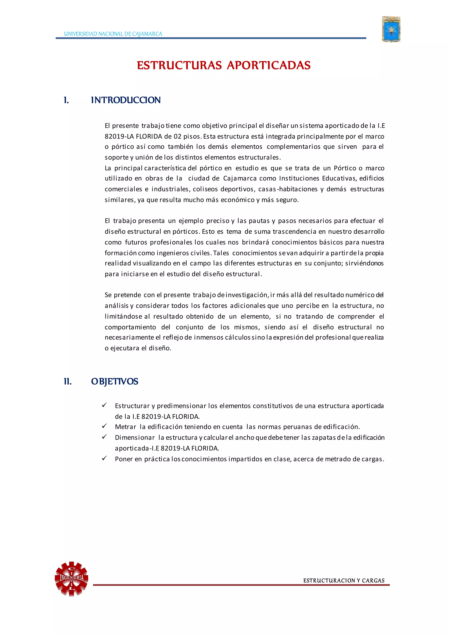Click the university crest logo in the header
click(x=391, y=29)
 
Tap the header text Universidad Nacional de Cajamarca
click(x=113, y=34)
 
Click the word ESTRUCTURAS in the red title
click(x=179, y=66)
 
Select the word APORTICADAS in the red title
click(x=269, y=66)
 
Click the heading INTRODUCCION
click(x=126, y=100)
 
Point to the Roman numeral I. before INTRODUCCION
click(x=66, y=100)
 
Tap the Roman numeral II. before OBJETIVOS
click(x=68, y=382)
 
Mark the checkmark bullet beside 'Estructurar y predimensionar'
click(x=104, y=405)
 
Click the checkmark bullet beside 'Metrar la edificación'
click(x=104, y=426)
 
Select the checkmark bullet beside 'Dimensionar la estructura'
click(x=104, y=437)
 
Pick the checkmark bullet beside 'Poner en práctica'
click(x=104, y=458)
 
